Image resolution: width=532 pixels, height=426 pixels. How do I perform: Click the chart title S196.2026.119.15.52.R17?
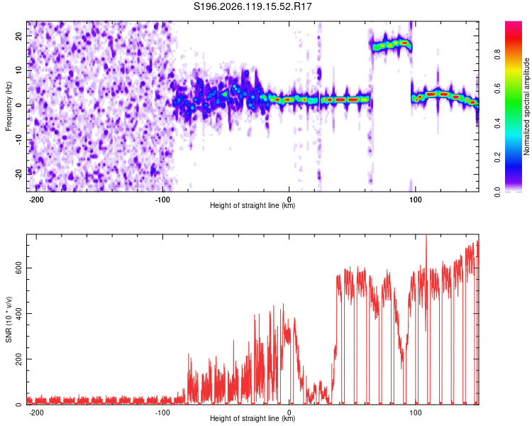point(253,6)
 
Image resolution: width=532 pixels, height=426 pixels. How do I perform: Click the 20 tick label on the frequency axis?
point(19,36)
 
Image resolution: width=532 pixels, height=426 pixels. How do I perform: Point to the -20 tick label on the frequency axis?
point(19,175)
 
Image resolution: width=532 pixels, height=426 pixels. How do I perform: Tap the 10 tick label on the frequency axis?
point(19,70)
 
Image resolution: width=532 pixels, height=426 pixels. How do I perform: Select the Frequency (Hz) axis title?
point(9,106)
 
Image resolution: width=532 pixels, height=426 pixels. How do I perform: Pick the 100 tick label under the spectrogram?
point(415,200)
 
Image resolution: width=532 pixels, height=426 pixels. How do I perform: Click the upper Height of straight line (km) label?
point(253,205)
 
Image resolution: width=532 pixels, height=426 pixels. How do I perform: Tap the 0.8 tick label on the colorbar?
point(497,54)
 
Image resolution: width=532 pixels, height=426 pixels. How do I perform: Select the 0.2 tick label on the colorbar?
point(497,157)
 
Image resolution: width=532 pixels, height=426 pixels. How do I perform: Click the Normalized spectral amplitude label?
point(526,106)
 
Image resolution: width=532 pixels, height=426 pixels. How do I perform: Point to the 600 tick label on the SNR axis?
point(19,268)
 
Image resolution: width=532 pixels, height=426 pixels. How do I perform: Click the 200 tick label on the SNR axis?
point(19,359)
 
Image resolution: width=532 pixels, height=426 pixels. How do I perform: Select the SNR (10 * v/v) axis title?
point(9,319)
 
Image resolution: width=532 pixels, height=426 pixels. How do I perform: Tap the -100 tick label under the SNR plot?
point(162,413)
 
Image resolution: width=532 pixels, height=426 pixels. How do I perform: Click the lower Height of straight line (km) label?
point(253,418)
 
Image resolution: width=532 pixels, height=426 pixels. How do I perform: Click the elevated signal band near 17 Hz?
point(392,45)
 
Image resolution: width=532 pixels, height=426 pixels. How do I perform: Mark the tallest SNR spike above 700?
point(426,238)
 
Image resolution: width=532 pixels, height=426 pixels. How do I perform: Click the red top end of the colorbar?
point(514,23)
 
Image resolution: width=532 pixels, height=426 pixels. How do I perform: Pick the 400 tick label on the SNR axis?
point(19,314)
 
